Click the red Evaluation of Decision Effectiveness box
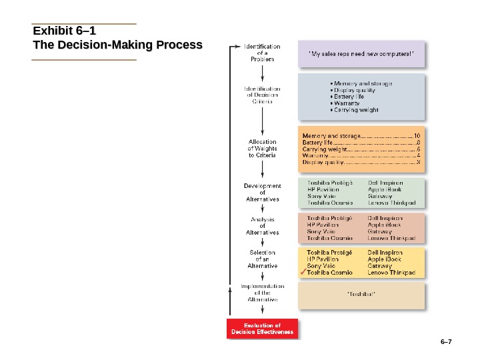tap(262, 328)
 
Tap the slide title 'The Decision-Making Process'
tap(117, 45)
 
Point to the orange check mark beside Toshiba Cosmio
tap(303, 273)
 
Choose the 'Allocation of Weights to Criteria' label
tap(262, 148)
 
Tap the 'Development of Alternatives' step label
tap(262, 193)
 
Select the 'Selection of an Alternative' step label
tap(262, 259)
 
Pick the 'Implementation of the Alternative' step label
tap(262, 293)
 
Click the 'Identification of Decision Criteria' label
tap(262, 95)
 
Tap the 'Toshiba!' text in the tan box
tap(362, 293)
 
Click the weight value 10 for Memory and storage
tap(417, 135)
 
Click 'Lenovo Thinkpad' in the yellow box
tap(391, 273)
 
